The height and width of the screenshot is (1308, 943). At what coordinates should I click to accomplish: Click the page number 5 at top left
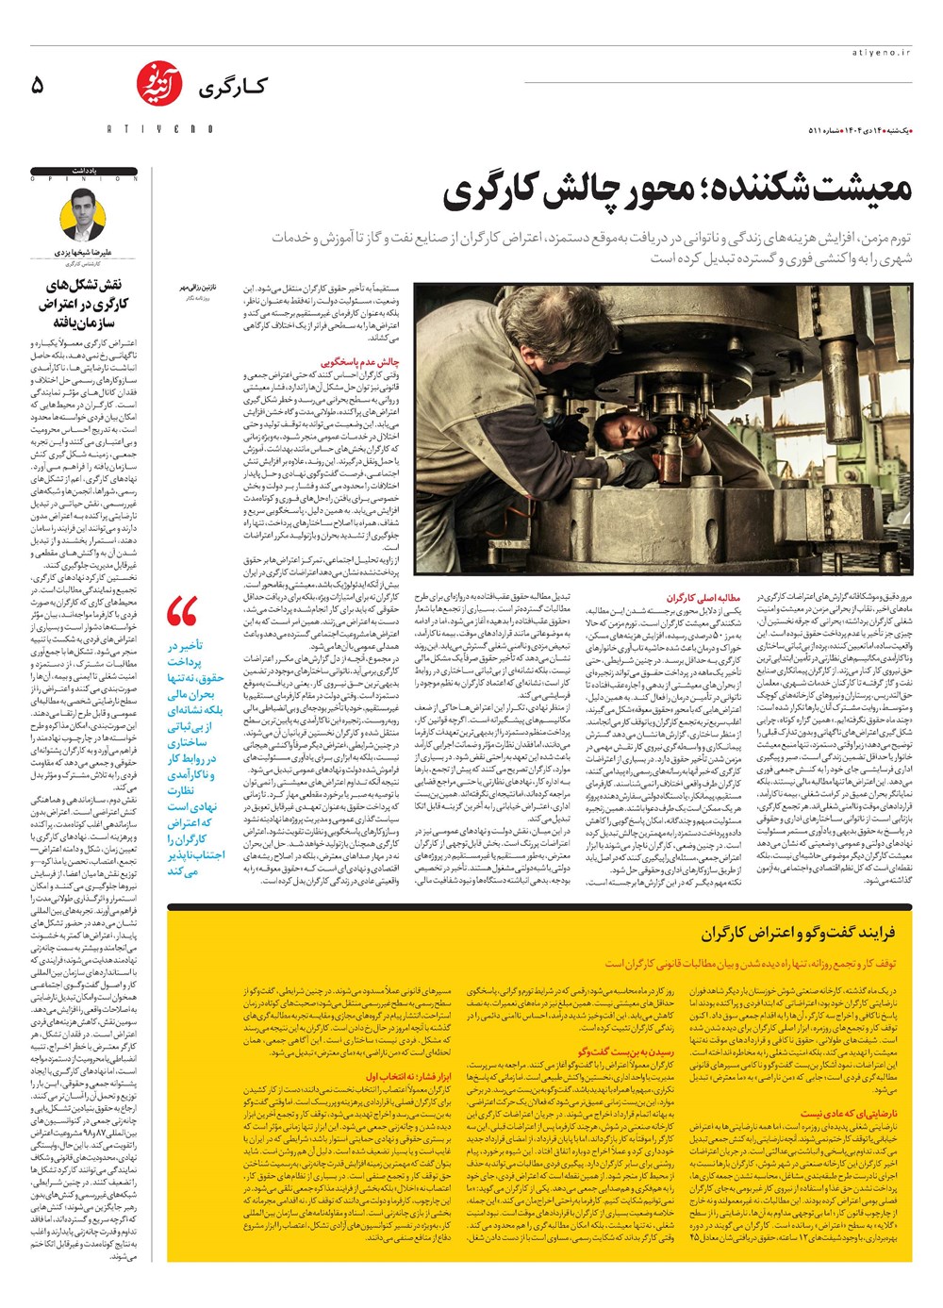(x=38, y=85)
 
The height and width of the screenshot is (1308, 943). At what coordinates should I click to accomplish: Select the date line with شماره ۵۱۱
(x=861, y=129)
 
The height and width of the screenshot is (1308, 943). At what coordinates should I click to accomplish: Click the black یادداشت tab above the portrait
(x=84, y=171)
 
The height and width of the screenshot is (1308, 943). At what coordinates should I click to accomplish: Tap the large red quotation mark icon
(x=181, y=611)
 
